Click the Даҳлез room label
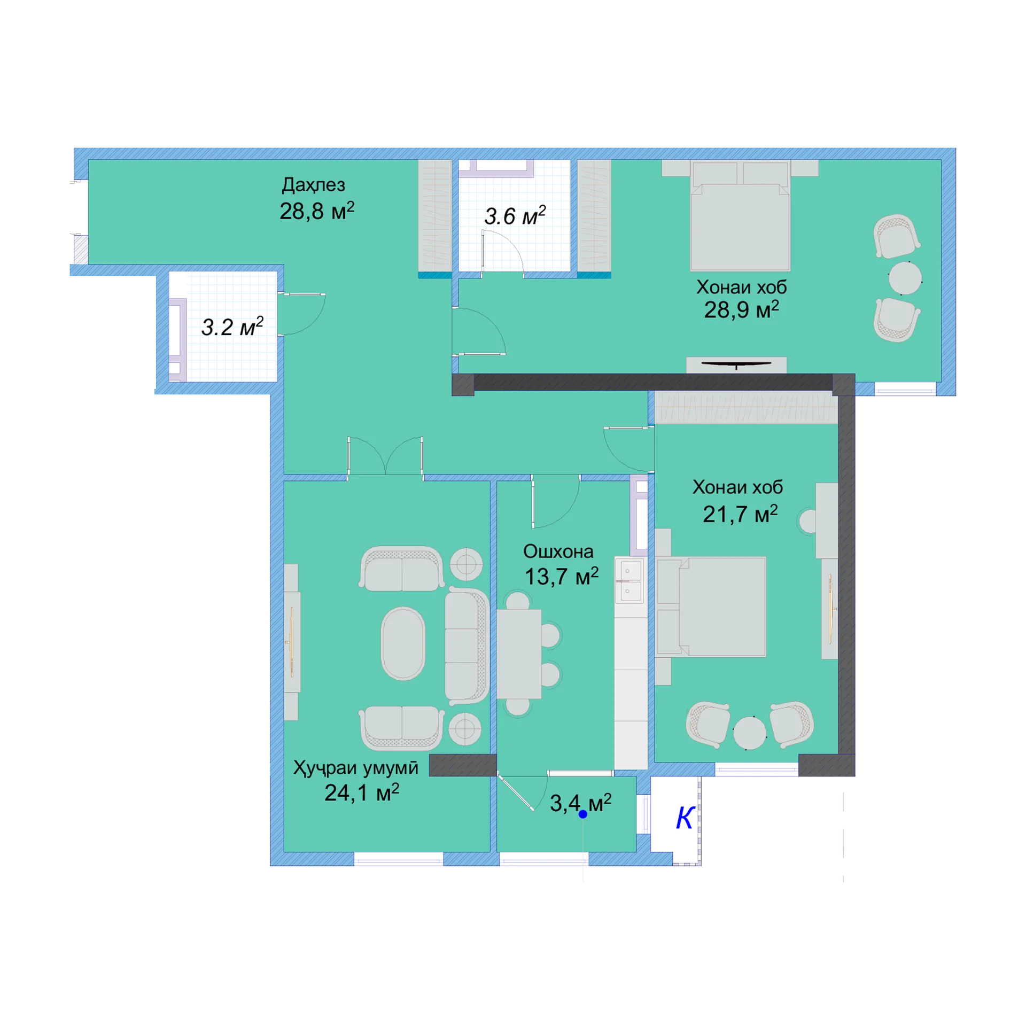[313, 185]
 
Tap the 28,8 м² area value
[316, 211]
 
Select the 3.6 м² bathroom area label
[515, 215]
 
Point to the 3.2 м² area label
[232, 327]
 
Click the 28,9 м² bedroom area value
[741, 309]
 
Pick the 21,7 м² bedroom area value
[740, 514]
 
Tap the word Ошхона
[558, 551]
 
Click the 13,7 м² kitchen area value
[561, 576]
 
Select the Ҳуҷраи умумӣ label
[355, 768]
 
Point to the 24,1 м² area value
[361, 792]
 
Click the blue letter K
[685, 818]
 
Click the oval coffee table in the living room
[403, 643]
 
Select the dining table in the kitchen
[518, 654]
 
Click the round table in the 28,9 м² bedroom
[905, 278]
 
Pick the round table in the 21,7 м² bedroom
[750, 733]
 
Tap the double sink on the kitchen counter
[628, 580]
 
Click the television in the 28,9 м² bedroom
[736, 364]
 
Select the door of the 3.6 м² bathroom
[502, 251]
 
